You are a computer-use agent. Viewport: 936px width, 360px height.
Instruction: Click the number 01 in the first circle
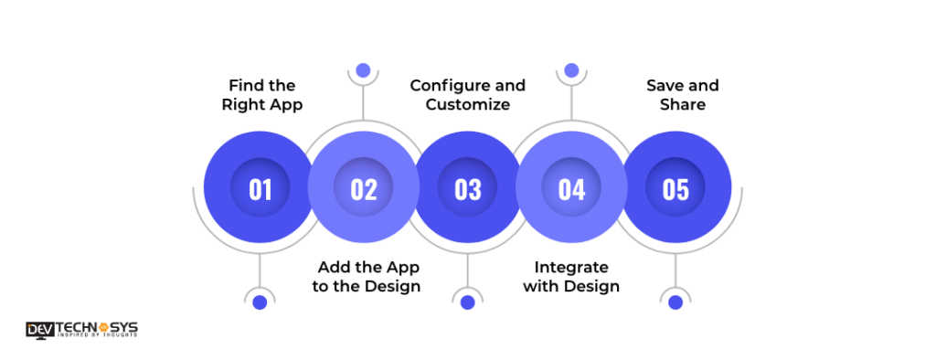[261, 188]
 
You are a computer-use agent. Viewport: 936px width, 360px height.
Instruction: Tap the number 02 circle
[364, 188]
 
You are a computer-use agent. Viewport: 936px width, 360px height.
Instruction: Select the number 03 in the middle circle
[468, 188]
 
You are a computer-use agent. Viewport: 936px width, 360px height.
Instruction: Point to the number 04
[571, 188]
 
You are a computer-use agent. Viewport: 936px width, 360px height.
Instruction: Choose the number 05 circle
[675, 188]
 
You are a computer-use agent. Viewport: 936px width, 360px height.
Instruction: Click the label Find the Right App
[262, 95]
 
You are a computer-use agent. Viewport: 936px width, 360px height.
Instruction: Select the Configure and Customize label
[468, 95]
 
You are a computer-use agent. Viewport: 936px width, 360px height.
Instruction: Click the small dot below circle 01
[260, 302]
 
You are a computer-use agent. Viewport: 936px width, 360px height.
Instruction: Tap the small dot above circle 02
[363, 70]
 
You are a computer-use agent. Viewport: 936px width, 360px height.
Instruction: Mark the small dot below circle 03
[468, 302]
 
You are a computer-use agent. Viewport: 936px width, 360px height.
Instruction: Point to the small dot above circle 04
[571, 70]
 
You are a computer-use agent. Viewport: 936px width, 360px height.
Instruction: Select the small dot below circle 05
[675, 302]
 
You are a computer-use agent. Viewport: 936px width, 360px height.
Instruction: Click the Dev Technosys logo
[82, 329]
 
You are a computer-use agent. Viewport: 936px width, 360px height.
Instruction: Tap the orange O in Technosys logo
[102, 326]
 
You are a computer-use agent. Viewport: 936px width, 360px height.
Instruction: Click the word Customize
[468, 105]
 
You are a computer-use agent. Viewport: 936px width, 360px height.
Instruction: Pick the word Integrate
[571, 267]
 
